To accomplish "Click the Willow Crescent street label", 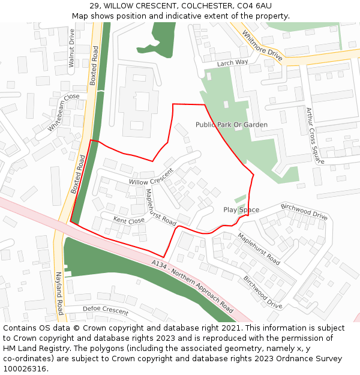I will tap(151, 177).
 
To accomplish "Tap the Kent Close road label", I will tap(129, 221).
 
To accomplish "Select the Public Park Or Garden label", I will tap(232, 125).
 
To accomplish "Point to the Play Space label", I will tap(241, 209).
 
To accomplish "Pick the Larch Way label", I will tap(232, 62).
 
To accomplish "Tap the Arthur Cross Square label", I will tap(314, 135).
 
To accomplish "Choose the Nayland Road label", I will tap(60, 292).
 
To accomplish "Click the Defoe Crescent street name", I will tap(106, 310).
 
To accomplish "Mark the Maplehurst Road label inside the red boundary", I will tap(160, 207).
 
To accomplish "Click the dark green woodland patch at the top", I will tap(162, 40).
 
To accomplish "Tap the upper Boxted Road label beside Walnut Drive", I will tap(94, 67).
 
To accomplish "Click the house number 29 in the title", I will tap(94, 5).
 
